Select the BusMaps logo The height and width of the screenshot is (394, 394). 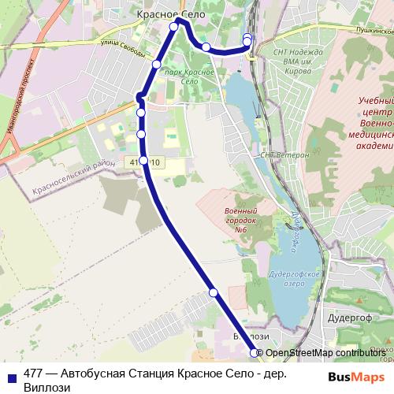click(355, 377)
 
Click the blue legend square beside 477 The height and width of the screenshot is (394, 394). click(11, 376)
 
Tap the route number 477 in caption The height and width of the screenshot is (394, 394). click(34, 374)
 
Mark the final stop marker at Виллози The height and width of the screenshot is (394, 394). click(254, 353)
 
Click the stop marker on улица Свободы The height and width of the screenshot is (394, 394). click(157, 64)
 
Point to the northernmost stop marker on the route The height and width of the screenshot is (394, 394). click(174, 27)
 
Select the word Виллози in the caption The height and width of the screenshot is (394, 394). click(46, 388)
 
